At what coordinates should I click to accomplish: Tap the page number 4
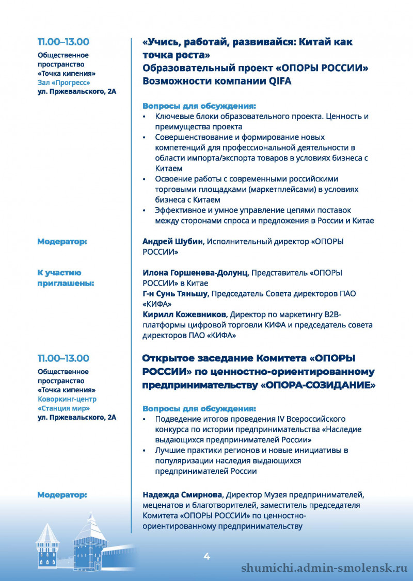[x=206, y=556]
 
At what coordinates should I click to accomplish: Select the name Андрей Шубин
[x=173, y=241]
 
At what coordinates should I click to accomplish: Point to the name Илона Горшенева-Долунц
[x=195, y=273]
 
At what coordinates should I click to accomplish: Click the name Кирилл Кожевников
[x=185, y=314]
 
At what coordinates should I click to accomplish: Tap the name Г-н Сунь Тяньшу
[x=176, y=293]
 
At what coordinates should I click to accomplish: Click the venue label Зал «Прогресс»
[x=64, y=82]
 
